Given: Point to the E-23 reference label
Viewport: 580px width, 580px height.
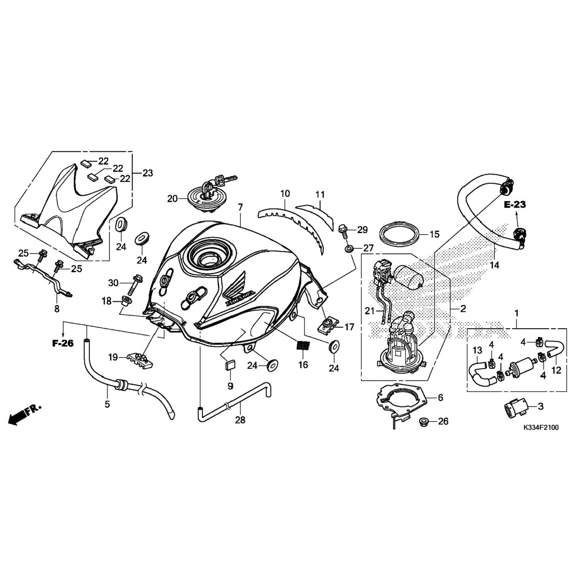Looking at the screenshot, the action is (x=515, y=205).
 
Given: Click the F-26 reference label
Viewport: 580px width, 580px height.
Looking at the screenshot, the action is (x=63, y=343).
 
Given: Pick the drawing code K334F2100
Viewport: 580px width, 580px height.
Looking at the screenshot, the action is (x=541, y=428).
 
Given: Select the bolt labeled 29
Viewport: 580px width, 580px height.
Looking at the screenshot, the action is (x=343, y=230).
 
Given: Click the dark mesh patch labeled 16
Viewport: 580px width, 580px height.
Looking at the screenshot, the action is (x=303, y=345).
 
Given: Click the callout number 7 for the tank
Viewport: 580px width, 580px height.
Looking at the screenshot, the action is (x=240, y=208).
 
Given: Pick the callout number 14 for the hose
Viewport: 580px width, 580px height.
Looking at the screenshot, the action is (x=494, y=265).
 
